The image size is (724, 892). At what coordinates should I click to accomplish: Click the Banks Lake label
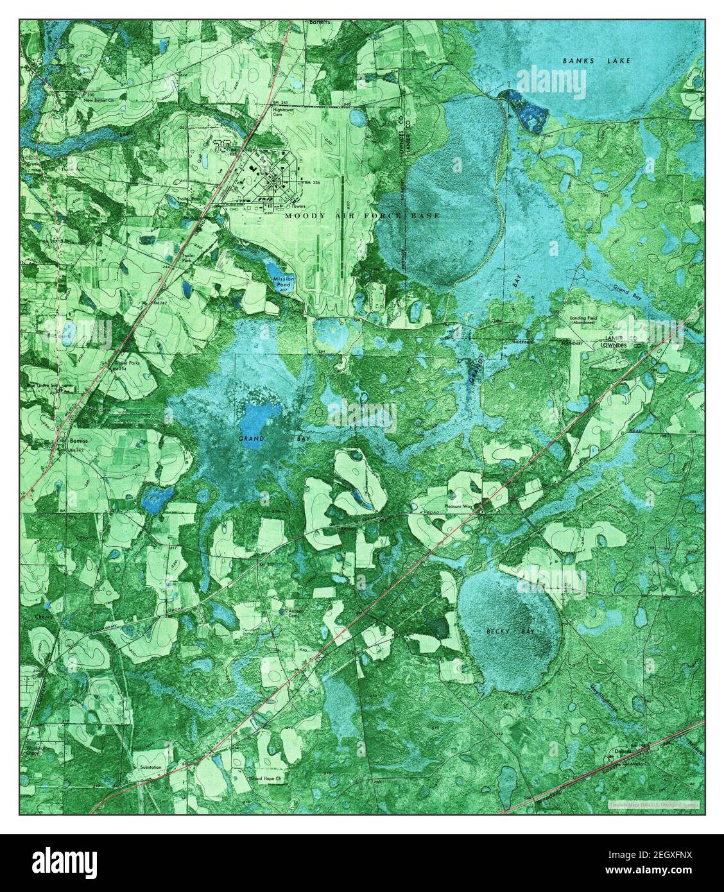597,60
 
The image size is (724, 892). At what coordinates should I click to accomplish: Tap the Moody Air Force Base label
363,216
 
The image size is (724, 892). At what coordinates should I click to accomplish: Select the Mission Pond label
283,282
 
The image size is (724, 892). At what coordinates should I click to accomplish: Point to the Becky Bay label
509,632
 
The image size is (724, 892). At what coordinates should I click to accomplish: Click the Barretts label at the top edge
318,21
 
